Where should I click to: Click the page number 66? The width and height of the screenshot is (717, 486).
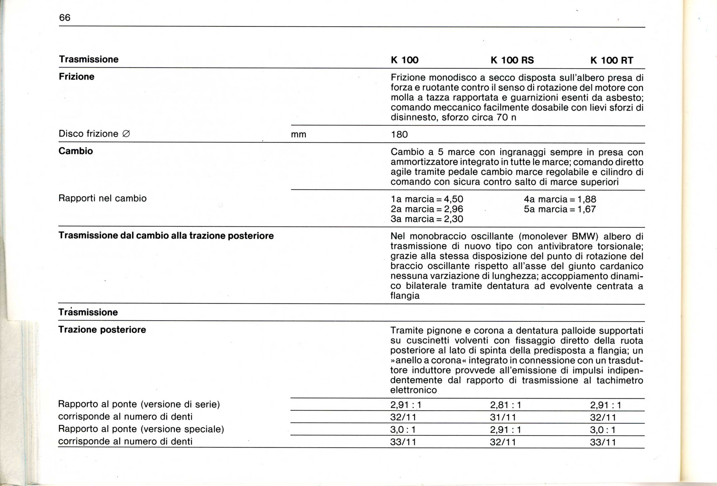click(x=65, y=18)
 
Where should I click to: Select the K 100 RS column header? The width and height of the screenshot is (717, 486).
click(x=512, y=60)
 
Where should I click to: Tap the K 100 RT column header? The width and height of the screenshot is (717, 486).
click(x=612, y=60)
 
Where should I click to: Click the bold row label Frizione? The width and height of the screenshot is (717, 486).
click(x=76, y=77)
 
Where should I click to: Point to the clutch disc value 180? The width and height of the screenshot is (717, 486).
click(x=399, y=135)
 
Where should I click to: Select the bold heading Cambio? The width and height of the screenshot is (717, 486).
click(x=76, y=151)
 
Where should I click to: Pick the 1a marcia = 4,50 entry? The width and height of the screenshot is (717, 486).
click(x=427, y=199)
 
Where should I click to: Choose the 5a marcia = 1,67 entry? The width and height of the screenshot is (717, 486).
click(x=560, y=209)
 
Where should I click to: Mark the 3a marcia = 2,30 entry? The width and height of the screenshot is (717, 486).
click(x=427, y=219)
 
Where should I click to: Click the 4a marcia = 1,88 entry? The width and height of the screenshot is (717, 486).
click(x=560, y=199)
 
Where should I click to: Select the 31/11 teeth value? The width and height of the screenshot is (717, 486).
click(x=503, y=417)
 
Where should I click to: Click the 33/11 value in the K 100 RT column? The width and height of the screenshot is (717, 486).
click(x=603, y=442)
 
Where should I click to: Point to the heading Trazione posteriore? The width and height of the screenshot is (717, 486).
click(x=102, y=330)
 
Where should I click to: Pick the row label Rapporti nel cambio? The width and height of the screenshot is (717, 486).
click(x=102, y=198)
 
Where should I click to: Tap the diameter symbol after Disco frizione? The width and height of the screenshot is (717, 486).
click(x=126, y=134)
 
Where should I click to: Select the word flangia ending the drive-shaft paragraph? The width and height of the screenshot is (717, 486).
click(x=405, y=296)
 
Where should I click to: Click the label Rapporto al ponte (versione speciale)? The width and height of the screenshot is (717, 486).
click(x=141, y=429)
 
